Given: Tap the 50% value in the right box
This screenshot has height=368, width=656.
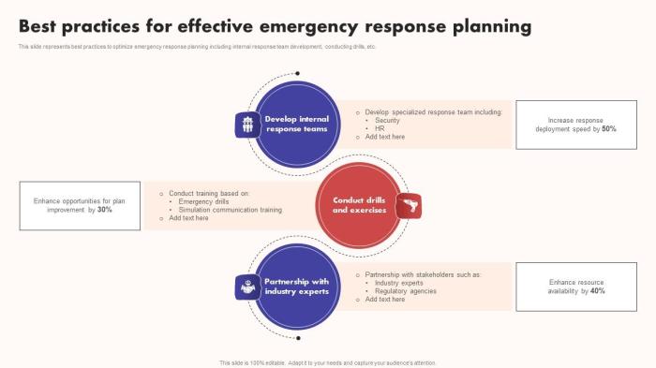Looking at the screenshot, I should tap(609, 128).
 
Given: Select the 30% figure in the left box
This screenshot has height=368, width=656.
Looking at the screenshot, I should tap(105, 210).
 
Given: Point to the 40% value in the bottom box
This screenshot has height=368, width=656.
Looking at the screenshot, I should tap(598, 291).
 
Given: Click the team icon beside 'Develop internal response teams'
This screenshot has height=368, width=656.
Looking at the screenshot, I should tap(247, 125).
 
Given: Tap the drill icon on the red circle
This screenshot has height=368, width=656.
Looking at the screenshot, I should tap(409, 205).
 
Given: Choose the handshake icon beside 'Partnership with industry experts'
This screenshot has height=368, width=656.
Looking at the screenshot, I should tap(247, 287).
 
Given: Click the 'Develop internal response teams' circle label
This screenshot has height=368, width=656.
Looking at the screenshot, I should tap(297, 124).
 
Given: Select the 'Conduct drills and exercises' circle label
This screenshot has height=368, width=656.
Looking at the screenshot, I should tap(359, 205).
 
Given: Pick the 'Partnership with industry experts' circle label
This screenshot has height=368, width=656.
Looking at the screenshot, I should tap(297, 287).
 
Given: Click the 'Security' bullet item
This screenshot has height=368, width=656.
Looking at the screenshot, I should tap(387, 120).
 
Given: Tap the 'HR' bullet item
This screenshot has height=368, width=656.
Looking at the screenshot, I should tap(380, 128).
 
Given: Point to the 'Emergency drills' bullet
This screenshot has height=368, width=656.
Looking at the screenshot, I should tap(203, 201).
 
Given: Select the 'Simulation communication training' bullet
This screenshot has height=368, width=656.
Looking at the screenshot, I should tap(230, 210).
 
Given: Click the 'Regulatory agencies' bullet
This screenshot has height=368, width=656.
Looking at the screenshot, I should tap(405, 291).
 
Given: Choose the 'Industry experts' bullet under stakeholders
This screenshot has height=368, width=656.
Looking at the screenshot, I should tap(398, 283).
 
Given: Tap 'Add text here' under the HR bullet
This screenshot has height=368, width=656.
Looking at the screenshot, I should tap(384, 137).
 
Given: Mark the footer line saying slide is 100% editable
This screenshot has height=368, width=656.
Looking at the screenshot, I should tap(328, 362).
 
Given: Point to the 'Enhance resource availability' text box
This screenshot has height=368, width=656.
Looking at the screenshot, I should tap(576, 287).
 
